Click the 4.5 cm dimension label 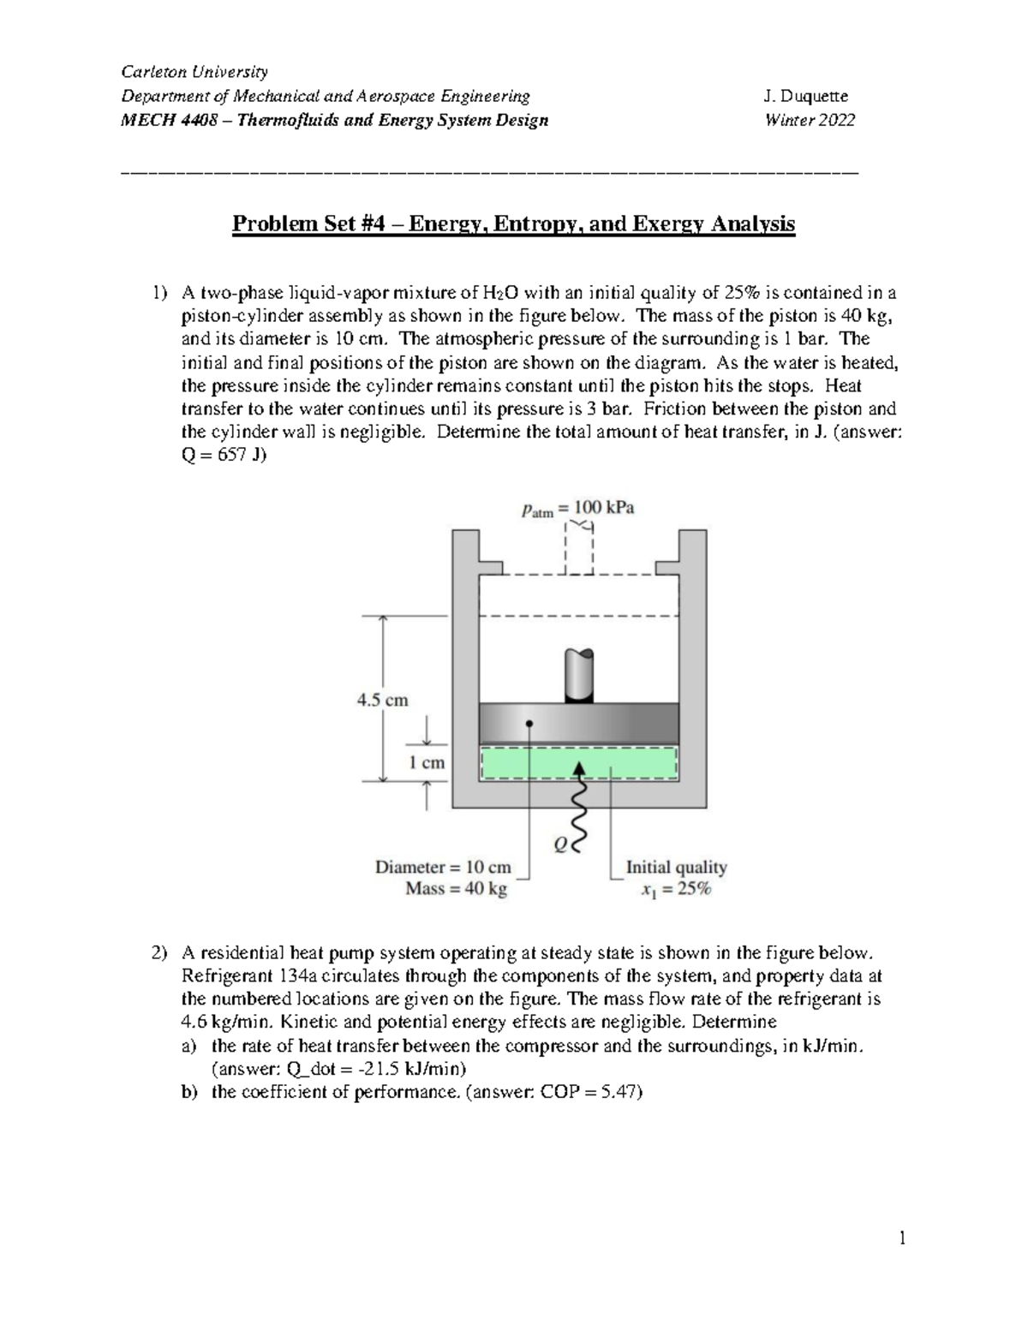pyautogui.click(x=382, y=700)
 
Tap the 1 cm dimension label pyautogui.click(x=426, y=762)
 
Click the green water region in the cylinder pyautogui.click(x=514, y=762)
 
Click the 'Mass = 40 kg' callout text pyautogui.click(x=456, y=889)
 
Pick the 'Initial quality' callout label pyautogui.click(x=676, y=867)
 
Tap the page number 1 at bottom pyautogui.click(x=901, y=1238)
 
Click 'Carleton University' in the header pyautogui.click(x=194, y=71)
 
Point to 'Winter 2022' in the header pyautogui.click(x=810, y=120)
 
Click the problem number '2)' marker pyautogui.click(x=160, y=952)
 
